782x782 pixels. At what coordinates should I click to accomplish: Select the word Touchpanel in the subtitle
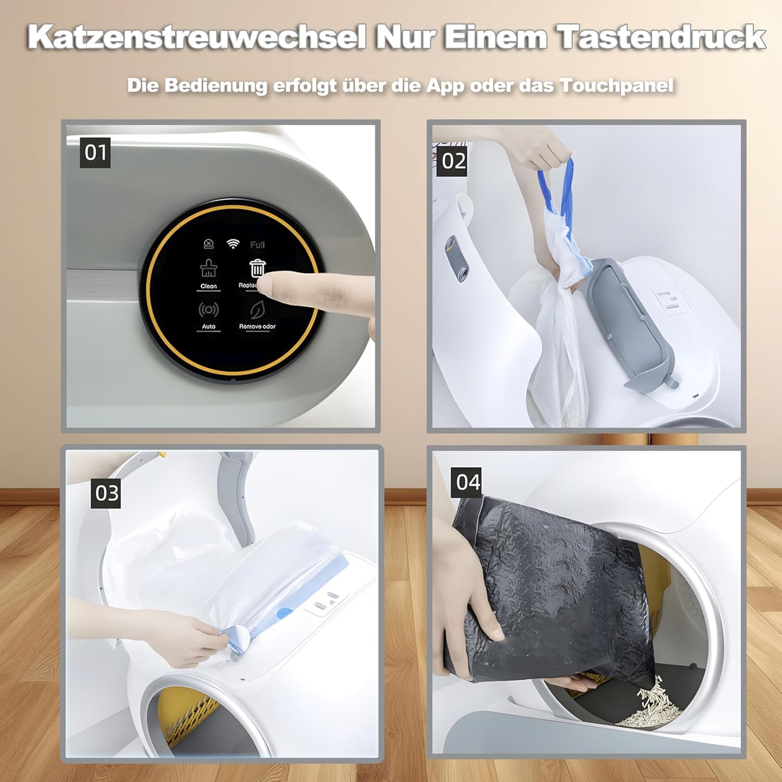[616, 86]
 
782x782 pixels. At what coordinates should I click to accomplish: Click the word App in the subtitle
[445, 86]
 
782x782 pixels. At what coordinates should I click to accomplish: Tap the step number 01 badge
[95, 153]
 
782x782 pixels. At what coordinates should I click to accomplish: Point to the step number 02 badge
[453, 161]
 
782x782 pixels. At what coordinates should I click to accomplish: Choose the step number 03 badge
[106, 493]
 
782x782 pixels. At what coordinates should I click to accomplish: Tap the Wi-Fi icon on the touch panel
[233, 244]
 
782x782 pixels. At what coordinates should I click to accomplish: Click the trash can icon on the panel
[258, 268]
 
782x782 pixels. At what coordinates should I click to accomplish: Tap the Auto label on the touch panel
[208, 326]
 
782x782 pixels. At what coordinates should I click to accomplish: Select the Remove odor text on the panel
[257, 326]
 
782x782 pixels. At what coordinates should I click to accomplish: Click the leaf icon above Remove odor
[257, 310]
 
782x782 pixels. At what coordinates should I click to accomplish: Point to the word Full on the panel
[257, 245]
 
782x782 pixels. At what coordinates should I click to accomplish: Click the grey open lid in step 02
[630, 319]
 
